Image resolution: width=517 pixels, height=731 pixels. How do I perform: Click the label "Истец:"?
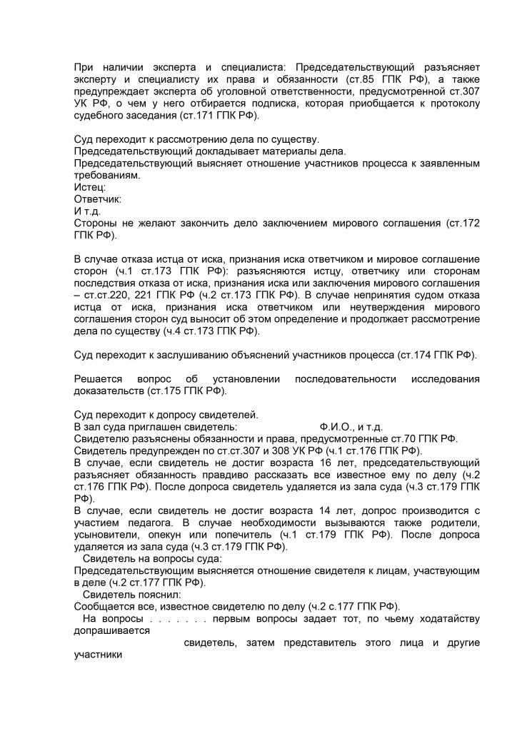[x=90, y=187]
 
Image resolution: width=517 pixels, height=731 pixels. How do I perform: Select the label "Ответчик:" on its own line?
[x=98, y=199]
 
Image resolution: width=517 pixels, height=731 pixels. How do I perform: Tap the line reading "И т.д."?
[x=88, y=211]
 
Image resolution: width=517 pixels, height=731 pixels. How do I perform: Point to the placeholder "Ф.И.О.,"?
[x=336, y=426]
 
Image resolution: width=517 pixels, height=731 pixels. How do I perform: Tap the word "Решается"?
[x=98, y=378]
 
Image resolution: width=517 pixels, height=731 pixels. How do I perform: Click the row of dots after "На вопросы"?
[x=178, y=619]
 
